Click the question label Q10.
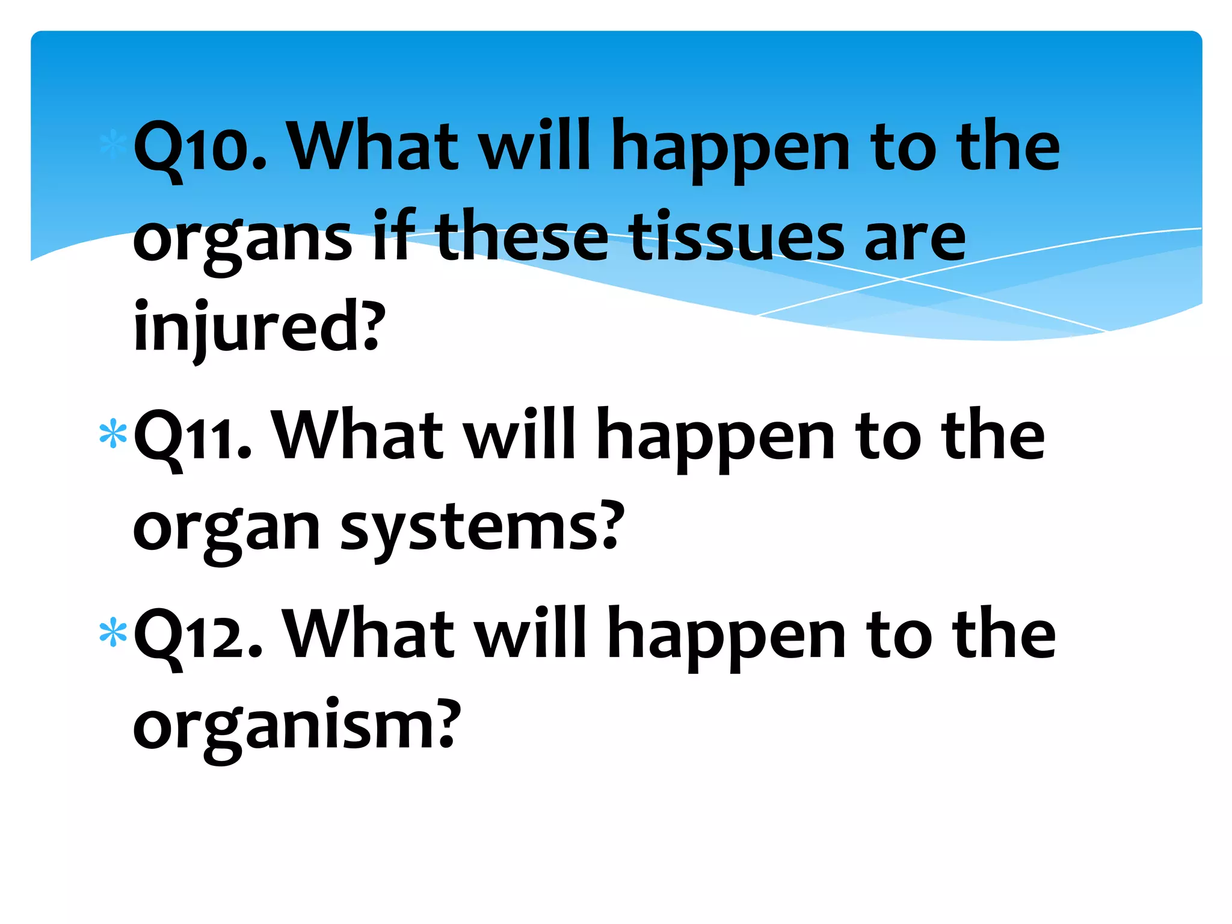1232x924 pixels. (199, 147)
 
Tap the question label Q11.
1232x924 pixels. (192, 437)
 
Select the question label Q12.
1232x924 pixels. (198, 635)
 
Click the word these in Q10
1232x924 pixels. (521, 237)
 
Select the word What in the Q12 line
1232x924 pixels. (368, 634)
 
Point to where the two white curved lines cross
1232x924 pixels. (900, 279)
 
